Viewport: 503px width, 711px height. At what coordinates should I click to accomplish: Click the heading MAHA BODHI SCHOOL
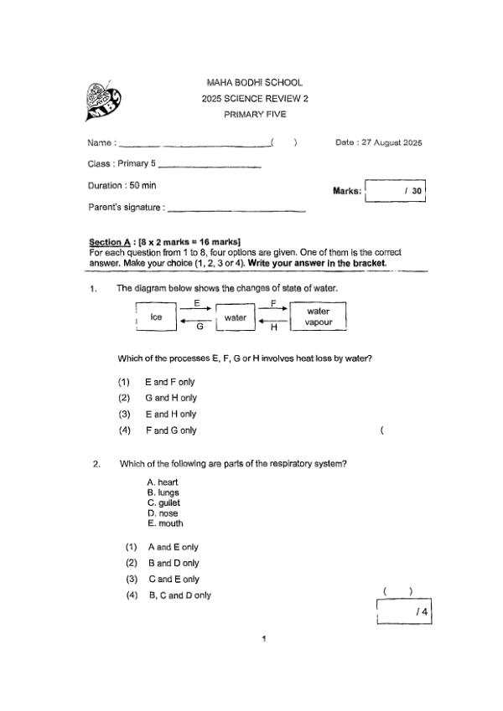(254, 83)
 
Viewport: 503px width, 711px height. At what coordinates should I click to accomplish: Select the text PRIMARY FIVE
(254, 115)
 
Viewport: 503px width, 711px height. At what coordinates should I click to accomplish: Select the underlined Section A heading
(111, 242)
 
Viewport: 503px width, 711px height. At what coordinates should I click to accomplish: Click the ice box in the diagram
(155, 317)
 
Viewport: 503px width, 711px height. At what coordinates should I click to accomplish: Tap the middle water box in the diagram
(235, 317)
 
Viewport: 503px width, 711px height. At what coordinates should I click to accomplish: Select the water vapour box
(318, 317)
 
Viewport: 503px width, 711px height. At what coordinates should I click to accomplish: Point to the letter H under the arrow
(273, 327)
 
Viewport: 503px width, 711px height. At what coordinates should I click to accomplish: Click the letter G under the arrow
(200, 327)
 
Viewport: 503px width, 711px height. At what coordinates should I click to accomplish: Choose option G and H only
(170, 398)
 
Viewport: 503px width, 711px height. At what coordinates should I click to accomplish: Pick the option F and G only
(170, 430)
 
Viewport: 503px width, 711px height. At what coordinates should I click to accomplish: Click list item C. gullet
(163, 503)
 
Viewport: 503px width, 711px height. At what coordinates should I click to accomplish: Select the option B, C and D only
(179, 595)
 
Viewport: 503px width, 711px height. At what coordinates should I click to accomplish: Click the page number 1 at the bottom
(264, 640)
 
